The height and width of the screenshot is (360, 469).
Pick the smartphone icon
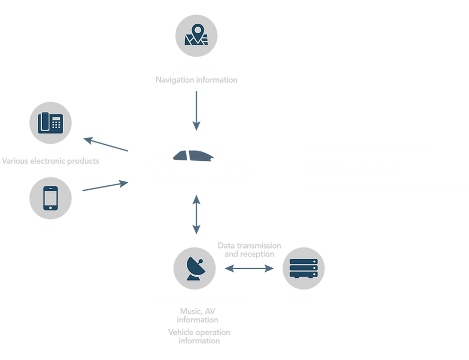(50, 197)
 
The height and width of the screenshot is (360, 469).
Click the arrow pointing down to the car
(196, 111)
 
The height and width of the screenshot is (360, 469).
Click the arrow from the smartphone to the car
(105, 185)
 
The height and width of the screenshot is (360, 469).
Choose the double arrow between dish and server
(249, 269)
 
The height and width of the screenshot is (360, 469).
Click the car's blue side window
(191, 157)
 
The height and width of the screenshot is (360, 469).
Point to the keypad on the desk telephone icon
(55, 123)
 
